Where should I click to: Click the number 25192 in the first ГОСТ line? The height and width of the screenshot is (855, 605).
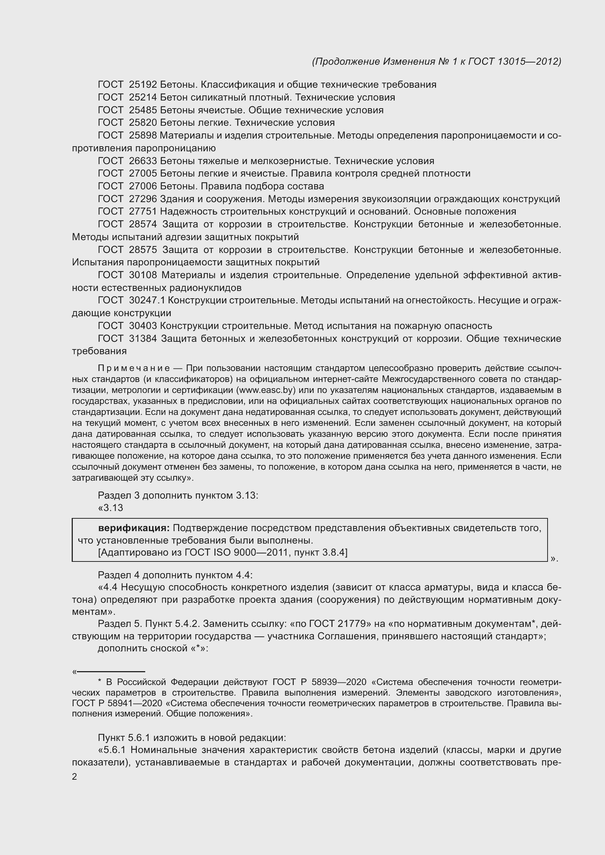(143, 84)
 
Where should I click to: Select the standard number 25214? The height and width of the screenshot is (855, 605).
(143, 97)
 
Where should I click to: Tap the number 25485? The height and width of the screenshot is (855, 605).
(143, 110)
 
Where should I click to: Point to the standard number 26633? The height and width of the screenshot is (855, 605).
(143, 161)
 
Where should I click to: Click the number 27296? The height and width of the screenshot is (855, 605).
(143, 199)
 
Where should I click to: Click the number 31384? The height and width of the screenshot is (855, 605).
(143, 338)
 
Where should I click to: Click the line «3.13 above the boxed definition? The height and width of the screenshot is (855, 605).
(110, 508)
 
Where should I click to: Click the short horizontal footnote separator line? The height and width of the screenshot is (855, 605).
(110, 672)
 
